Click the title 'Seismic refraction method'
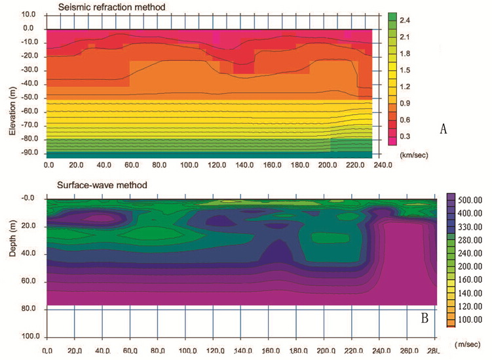(x=110, y=7)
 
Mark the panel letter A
(x=443, y=129)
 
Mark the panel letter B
(x=425, y=319)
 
